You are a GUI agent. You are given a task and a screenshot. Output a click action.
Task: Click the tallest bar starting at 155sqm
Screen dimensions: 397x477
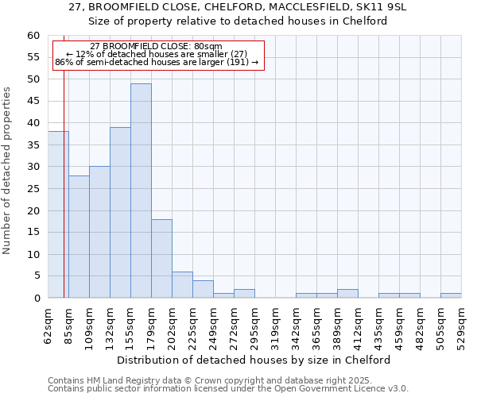[x=141, y=191]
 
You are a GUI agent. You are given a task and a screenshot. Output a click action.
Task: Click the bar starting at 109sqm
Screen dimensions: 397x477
[x=99, y=232]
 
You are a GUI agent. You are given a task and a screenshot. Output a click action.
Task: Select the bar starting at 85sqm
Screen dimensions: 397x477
[x=79, y=237]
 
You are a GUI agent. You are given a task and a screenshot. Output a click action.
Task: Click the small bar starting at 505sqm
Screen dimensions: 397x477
[x=451, y=295]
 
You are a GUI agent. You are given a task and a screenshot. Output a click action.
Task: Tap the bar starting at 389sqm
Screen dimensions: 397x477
[x=347, y=294]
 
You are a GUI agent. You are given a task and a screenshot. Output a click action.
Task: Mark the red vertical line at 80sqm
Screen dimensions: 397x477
[x=64, y=198]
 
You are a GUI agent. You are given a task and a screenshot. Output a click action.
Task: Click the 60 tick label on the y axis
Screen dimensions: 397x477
[x=33, y=36]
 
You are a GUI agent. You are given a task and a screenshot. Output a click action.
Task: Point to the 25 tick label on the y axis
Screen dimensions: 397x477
[x=33, y=189]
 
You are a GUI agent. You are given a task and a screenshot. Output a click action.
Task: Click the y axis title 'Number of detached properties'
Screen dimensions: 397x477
[x=7, y=171]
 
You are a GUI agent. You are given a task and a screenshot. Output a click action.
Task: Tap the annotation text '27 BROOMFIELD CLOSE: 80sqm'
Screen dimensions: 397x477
[x=157, y=47]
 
